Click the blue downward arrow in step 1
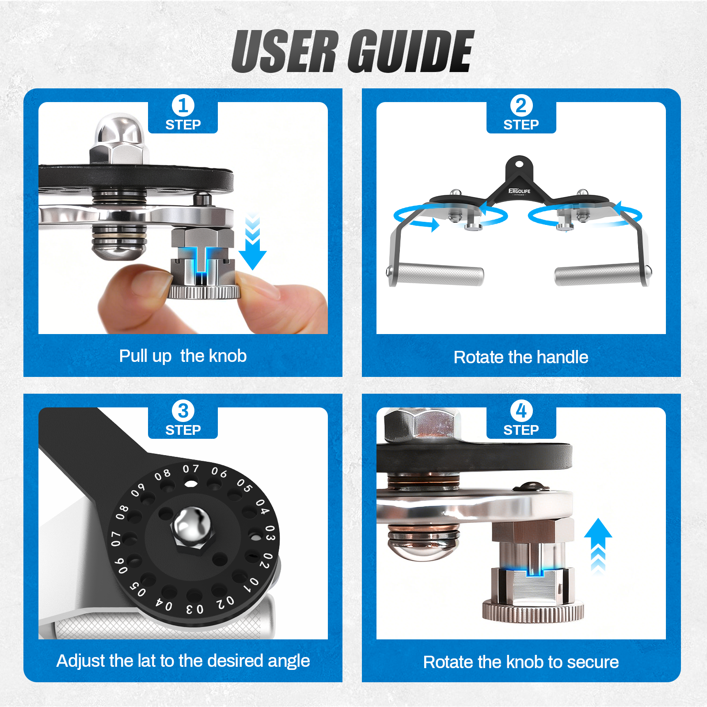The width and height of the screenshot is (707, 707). click(x=252, y=241)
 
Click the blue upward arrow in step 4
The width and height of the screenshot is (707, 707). click(x=598, y=546)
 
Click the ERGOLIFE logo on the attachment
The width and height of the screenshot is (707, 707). click(x=519, y=192)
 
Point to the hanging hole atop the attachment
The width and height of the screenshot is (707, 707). click(x=519, y=164)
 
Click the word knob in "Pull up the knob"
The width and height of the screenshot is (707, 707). click(x=228, y=356)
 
